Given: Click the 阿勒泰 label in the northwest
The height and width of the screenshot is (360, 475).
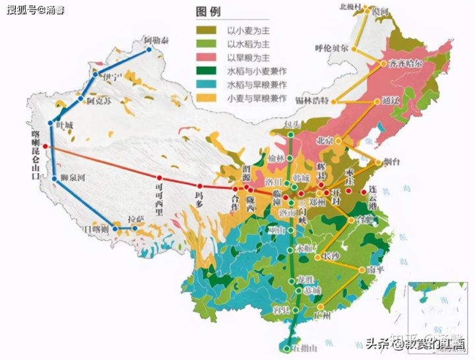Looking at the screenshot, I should [x=156, y=41].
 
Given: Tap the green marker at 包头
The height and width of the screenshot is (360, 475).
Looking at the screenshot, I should [x=291, y=135].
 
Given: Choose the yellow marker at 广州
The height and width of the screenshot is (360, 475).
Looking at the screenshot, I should [x=319, y=306].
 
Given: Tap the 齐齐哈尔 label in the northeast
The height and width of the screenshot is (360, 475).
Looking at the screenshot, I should [x=401, y=63].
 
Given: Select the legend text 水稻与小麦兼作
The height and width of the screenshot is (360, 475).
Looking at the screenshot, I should [x=256, y=71].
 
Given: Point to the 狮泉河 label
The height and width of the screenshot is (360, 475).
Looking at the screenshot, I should [x=73, y=177].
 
